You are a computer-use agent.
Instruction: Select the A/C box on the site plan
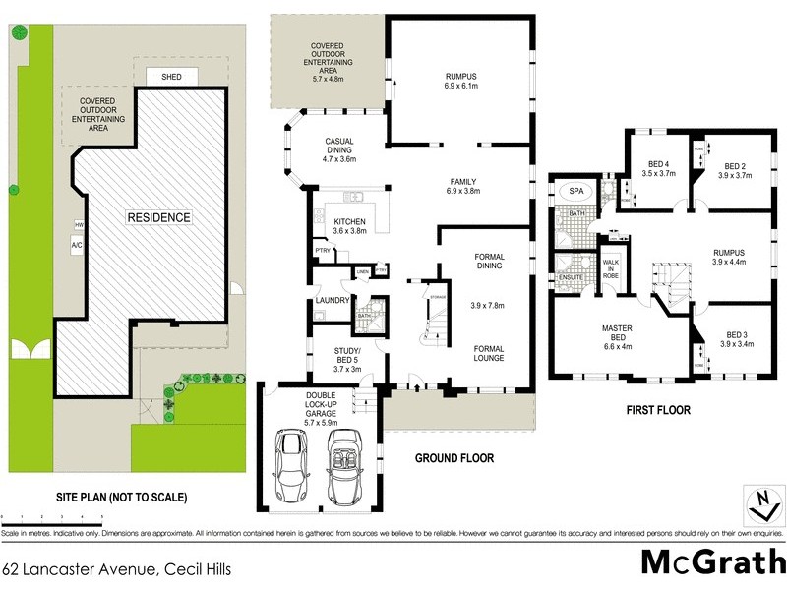(76, 244)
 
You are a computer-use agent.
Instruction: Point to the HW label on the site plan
(76, 224)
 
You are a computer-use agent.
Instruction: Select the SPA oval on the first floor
(571, 191)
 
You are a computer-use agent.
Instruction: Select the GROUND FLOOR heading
(454, 458)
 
